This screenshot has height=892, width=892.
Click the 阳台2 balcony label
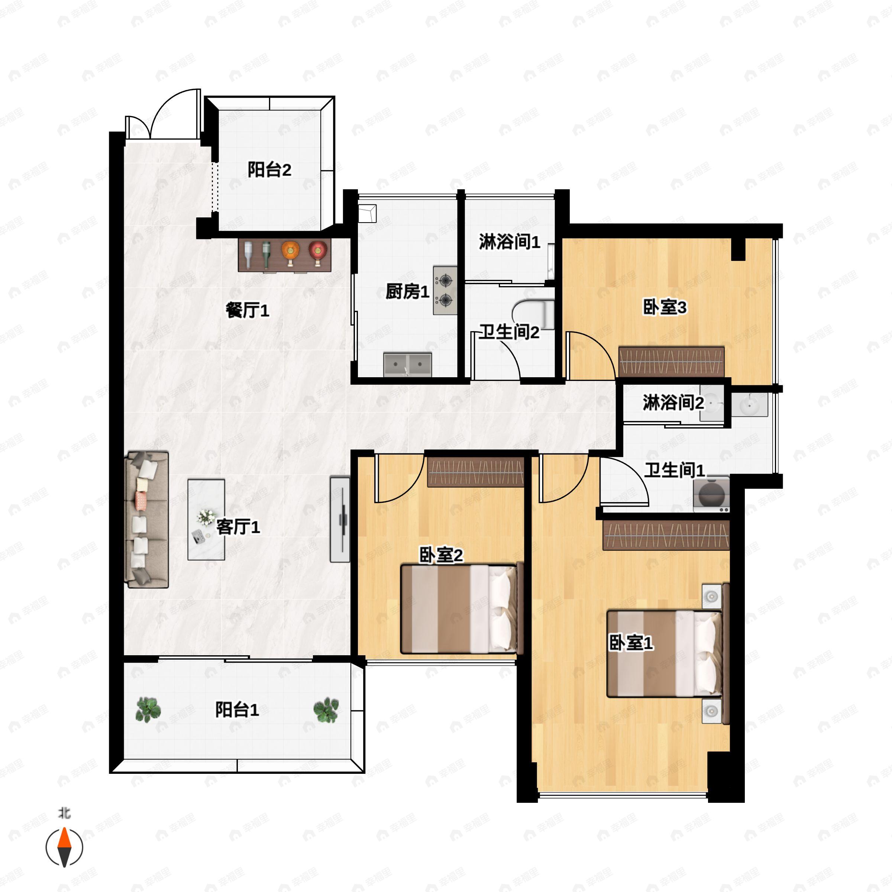(x=269, y=170)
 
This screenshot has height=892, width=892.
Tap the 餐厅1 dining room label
(x=248, y=310)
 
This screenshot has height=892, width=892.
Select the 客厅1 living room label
(x=238, y=527)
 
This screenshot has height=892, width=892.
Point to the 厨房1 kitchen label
(x=408, y=291)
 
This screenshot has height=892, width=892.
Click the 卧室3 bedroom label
(x=665, y=307)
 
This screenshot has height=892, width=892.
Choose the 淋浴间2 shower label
(x=673, y=403)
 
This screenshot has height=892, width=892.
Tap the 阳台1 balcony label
(x=237, y=710)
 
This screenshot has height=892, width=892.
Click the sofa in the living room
(x=147, y=520)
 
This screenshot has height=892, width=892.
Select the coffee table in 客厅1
(x=206, y=520)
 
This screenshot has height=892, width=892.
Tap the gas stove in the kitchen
(x=445, y=290)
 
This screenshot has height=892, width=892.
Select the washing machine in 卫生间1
(x=711, y=494)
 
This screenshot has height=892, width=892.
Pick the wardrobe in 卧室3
(x=671, y=362)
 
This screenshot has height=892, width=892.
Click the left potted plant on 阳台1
(x=148, y=710)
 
